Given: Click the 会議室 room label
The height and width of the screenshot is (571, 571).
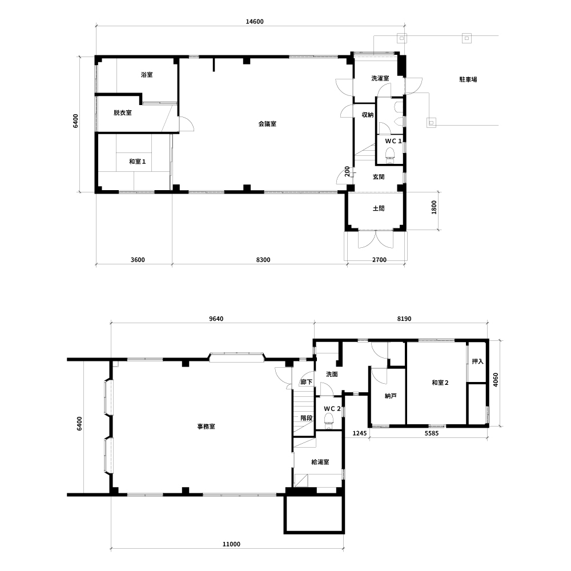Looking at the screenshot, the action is click(x=267, y=124).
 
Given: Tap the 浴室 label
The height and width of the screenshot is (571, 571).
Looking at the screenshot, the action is click(x=147, y=75).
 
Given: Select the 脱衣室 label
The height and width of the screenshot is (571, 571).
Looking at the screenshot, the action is click(x=122, y=113).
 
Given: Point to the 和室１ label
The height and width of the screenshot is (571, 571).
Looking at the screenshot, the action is click(x=137, y=162).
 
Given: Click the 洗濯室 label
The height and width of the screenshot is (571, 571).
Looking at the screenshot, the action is click(x=380, y=78).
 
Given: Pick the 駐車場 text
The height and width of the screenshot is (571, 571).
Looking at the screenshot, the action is click(x=468, y=79).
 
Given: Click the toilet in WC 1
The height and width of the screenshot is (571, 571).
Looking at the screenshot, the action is click(x=390, y=155).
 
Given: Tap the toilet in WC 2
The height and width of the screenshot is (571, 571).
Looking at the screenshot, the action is click(x=329, y=420).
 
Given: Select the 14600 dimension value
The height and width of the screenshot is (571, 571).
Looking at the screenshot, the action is click(x=255, y=22).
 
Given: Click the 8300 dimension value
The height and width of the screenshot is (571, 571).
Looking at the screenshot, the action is click(x=263, y=260).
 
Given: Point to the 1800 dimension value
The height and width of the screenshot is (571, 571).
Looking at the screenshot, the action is click(x=434, y=207).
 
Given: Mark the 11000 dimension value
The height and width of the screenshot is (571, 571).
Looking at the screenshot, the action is click(x=232, y=544).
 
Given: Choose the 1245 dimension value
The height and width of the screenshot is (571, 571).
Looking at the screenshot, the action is click(x=359, y=433).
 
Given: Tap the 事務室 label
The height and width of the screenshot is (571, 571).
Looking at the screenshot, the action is click(x=206, y=427).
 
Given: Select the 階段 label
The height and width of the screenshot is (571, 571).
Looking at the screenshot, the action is click(x=307, y=418).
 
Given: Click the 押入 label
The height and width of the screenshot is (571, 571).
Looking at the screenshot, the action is click(x=477, y=361).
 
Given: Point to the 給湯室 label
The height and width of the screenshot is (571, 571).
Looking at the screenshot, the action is click(x=320, y=462).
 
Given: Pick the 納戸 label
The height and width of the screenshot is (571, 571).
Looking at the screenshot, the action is click(x=391, y=396).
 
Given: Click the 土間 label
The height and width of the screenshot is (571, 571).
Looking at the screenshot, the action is click(x=379, y=208).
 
